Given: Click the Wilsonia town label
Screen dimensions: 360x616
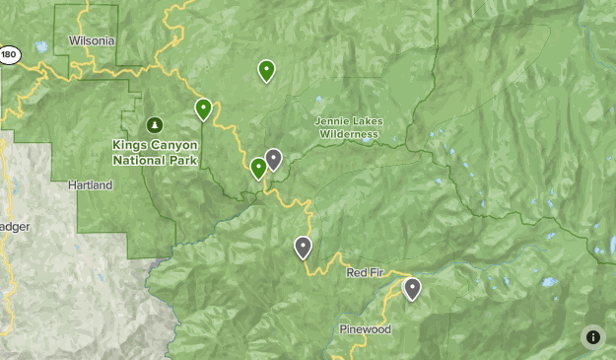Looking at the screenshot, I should tap(93, 41).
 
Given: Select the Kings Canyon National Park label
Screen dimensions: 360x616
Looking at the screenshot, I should tap(155, 152).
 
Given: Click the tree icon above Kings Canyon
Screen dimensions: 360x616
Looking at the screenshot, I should tap(154, 125).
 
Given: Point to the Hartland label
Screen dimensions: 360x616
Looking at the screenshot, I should tap(91, 185).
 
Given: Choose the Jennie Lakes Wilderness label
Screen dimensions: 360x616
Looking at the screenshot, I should tap(348, 127).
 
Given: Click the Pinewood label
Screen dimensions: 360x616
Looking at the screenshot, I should tap(365, 329).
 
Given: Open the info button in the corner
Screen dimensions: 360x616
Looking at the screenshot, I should tap(592, 336).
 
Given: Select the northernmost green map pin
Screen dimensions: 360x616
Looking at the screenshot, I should tap(266, 70).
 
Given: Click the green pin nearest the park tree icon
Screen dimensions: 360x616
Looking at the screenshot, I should tap(203, 108).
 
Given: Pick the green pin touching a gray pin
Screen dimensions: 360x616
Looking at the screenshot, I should tap(258, 168).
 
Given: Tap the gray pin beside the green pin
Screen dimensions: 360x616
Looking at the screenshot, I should tap(273, 159).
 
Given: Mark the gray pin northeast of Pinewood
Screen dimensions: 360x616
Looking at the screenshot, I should tap(412, 288).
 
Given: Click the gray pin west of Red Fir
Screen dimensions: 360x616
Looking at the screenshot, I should tap(303, 248).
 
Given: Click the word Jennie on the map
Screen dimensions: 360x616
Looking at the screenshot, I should tap(330, 121).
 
